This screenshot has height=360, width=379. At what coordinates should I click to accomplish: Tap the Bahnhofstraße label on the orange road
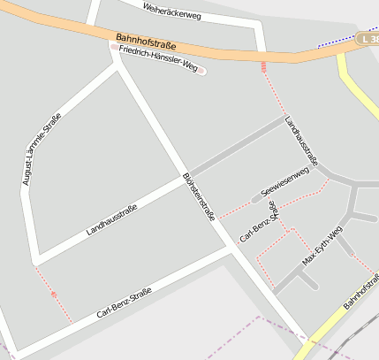[x=146, y=42]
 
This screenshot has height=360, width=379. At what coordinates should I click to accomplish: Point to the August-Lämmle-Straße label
[x=42, y=149]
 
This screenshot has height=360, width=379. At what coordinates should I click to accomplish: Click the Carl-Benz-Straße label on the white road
[x=124, y=303]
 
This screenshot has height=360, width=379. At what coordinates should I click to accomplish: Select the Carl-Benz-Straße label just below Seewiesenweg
[x=259, y=221]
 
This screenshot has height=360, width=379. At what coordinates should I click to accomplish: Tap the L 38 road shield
[x=369, y=39]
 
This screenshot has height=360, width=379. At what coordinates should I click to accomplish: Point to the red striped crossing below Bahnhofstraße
[x=262, y=66]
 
